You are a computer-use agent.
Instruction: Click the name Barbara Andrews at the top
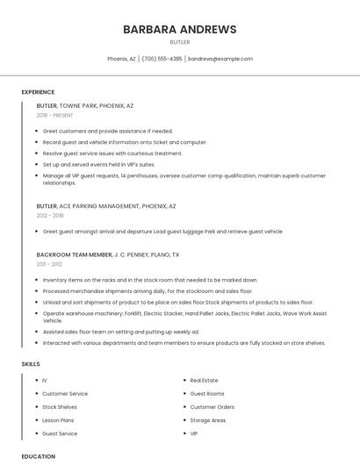[180, 29]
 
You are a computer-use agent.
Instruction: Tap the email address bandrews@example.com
[220, 59]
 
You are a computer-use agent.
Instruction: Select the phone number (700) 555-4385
[162, 59]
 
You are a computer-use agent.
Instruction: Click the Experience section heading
[38, 92]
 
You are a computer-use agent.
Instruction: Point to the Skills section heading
[31, 363]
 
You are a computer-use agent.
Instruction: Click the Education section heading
[38, 456]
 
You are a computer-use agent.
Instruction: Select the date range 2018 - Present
[55, 115]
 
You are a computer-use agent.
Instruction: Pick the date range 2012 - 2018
[50, 215]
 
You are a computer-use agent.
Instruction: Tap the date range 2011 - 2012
[49, 263]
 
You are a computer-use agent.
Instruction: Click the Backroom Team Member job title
[75, 254]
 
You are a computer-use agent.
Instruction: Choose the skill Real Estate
[205, 381]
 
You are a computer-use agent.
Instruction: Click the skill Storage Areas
[208, 420]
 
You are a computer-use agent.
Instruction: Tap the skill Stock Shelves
[60, 407]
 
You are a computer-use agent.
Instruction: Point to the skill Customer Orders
[212, 407]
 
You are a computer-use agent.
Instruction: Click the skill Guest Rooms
[207, 394]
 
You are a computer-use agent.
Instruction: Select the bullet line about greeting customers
[108, 131]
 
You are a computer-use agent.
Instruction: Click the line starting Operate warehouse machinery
[184, 313]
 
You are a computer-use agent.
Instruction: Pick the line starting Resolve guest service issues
[112, 154]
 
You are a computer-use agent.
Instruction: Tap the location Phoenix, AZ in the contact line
[121, 59]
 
